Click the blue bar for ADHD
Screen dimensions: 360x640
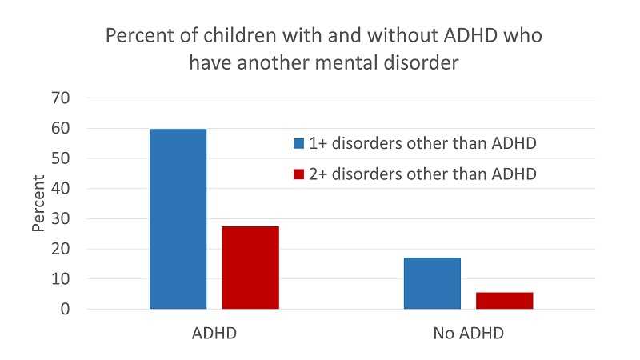click(x=178, y=218)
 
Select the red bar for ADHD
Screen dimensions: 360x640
click(x=250, y=267)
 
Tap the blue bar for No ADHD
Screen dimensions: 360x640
click(x=432, y=282)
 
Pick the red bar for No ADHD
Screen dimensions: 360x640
click(x=505, y=300)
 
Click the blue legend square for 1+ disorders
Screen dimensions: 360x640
click(x=298, y=144)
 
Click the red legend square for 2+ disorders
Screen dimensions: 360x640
click(x=298, y=174)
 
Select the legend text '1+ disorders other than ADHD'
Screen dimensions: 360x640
click(x=422, y=144)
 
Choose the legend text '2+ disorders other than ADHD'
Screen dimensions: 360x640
click(x=422, y=174)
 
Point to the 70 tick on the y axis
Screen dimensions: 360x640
click(x=62, y=98)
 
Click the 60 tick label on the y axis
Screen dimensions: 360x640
click(x=62, y=129)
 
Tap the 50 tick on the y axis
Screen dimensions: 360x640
click(x=62, y=158)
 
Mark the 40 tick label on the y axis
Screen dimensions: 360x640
click(x=62, y=189)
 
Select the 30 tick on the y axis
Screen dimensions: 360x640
click(x=62, y=219)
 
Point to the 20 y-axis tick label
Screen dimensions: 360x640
click(x=62, y=249)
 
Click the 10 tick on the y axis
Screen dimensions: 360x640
click(x=62, y=279)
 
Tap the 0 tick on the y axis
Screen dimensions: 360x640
click(x=66, y=310)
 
